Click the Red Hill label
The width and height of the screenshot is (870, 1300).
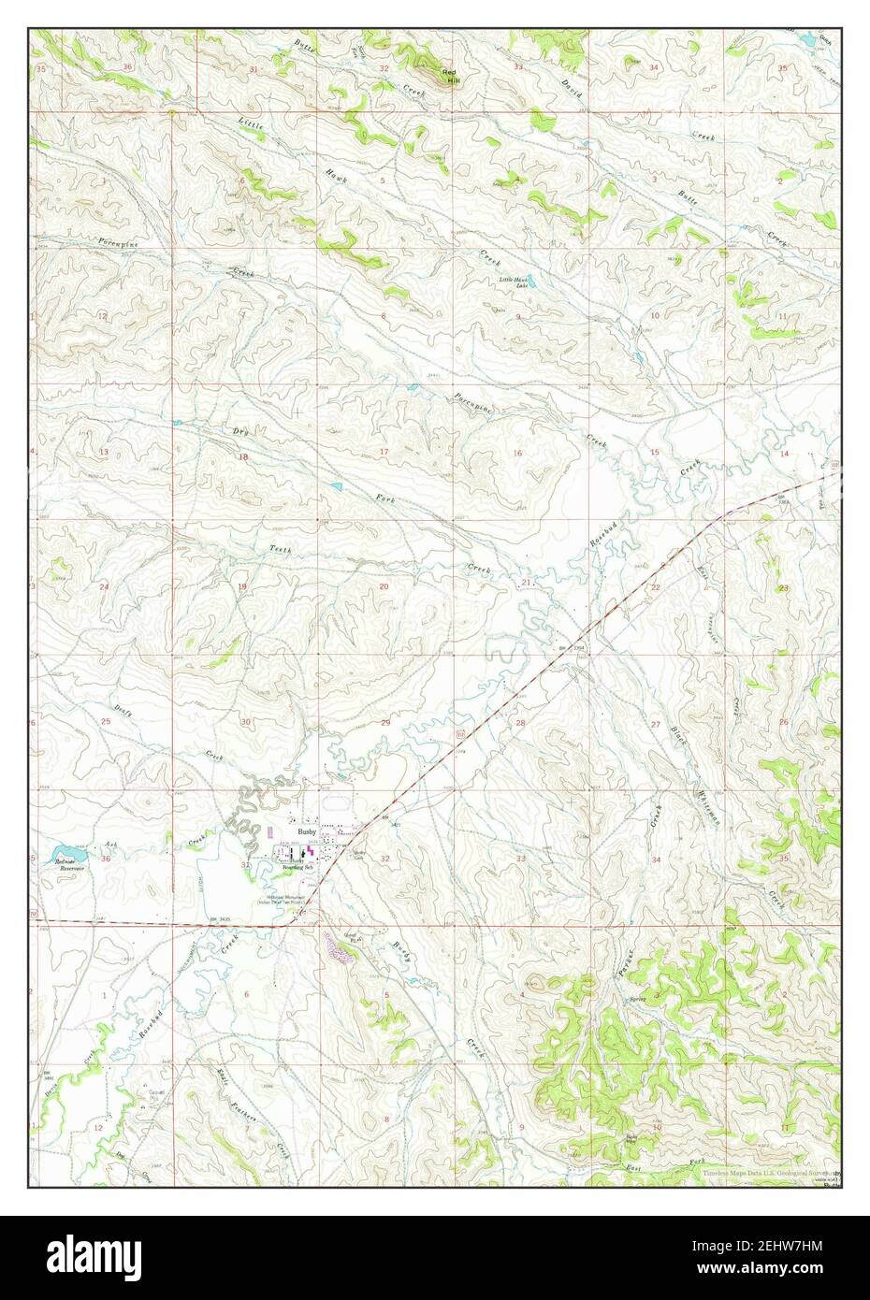pos(452,76)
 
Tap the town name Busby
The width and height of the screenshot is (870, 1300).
pos(307,831)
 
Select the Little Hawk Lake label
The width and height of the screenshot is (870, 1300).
pos(514,282)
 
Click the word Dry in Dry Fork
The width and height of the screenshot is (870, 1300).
pos(240,431)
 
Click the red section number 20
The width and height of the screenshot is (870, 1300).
pos(384,586)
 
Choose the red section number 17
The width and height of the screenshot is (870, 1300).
pos(384,453)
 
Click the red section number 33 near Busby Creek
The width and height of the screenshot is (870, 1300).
pos(520,859)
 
